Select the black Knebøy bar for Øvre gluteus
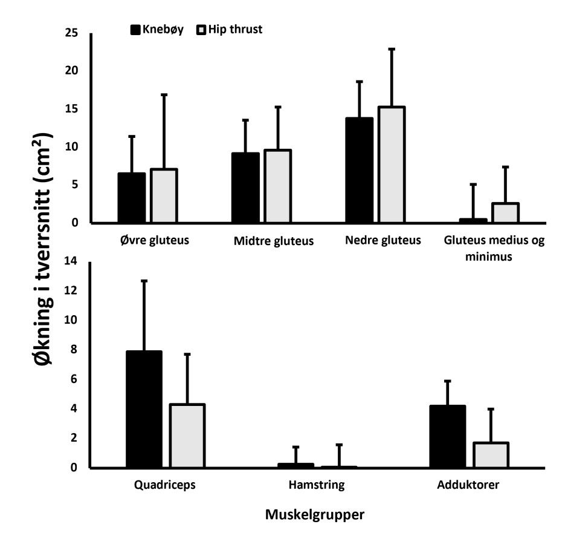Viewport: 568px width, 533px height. (x=131, y=198)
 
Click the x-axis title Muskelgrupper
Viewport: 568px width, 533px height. (x=314, y=515)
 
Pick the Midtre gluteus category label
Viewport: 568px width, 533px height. (x=273, y=242)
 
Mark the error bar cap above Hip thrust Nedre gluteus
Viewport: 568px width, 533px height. (x=392, y=49)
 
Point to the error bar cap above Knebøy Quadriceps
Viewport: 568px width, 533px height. (x=144, y=281)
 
